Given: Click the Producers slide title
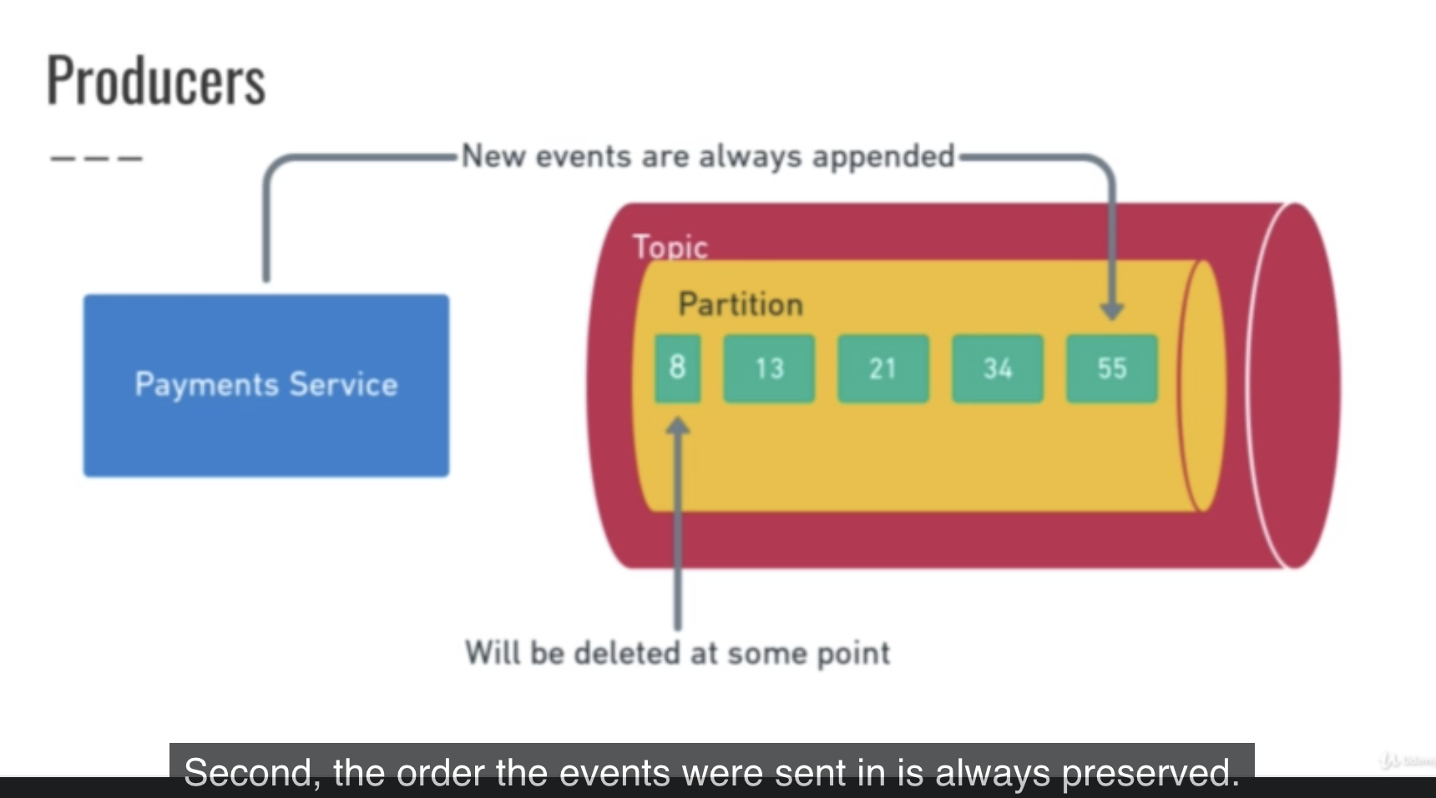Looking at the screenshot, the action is click(156, 80).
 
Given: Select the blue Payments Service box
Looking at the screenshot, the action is click(266, 386).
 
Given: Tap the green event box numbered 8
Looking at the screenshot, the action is click(677, 368).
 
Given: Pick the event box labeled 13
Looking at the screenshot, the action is click(769, 368).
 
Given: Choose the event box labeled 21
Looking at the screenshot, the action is click(883, 368).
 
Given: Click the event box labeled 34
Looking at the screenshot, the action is click(998, 368).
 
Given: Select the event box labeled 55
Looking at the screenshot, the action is click(1112, 368).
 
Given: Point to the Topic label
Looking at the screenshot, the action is click(670, 247).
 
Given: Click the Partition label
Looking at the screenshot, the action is click(741, 304).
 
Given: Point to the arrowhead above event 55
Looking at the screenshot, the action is click(1111, 311).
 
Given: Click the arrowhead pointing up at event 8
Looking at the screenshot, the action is click(678, 427).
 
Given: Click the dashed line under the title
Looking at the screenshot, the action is click(97, 158).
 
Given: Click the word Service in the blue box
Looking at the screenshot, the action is click(343, 385).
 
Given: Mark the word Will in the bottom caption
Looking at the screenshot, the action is click(493, 653).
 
